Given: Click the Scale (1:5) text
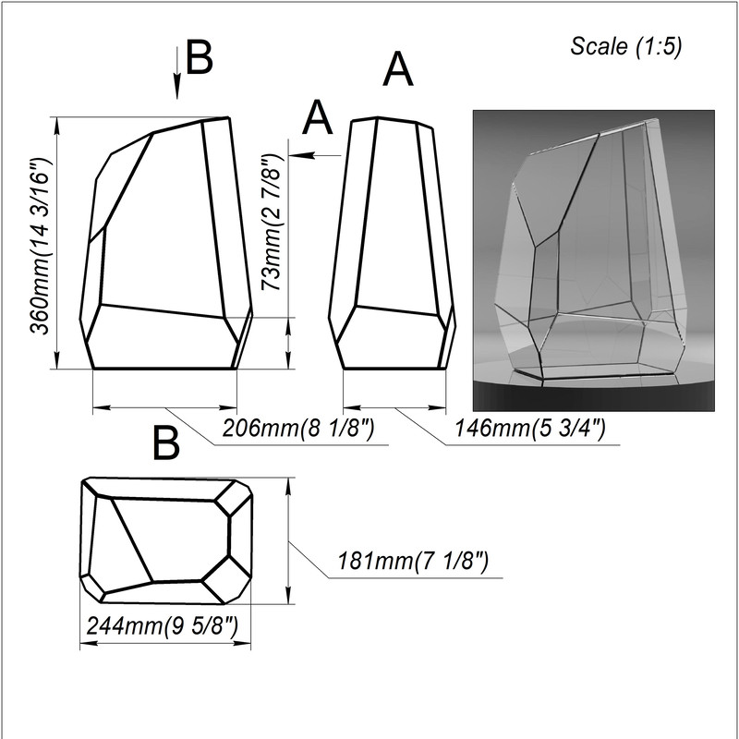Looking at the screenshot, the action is click(x=626, y=47).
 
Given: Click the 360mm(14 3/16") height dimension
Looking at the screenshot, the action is click(x=40, y=246).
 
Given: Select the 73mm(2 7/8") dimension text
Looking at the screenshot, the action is click(x=272, y=222).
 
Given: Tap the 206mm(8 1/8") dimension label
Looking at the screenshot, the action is click(x=297, y=428).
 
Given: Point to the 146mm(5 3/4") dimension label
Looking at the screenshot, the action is click(x=529, y=428).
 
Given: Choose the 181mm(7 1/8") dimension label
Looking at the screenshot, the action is click(x=413, y=561).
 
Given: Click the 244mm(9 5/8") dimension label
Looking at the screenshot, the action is click(x=163, y=626).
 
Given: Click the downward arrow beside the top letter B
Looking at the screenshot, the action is click(x=177, y=73).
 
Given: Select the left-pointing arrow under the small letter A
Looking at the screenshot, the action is click(x=314, y=155).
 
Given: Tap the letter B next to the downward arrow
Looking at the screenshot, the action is click(x=200, y=57).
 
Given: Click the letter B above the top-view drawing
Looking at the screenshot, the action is click(x=166, y=443).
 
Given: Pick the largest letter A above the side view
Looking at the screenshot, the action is click(x=398, y=69).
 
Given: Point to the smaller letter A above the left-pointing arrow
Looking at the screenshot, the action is click(x=317, y=117).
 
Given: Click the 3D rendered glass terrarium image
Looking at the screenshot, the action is click(x=594, y=260).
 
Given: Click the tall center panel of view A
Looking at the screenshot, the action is click(x=396, y=217).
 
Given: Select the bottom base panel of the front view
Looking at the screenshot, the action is click(x=163, y=338).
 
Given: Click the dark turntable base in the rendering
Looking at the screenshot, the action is click(x=594, y=396).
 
